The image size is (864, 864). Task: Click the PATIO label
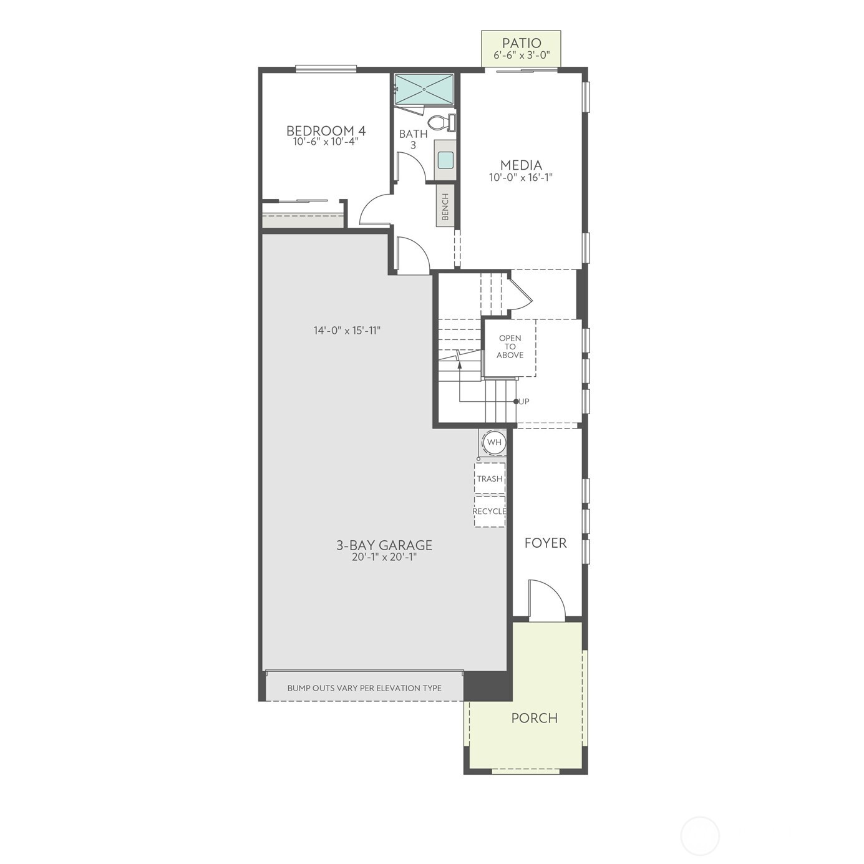pyautogui.click(x=522, y=43)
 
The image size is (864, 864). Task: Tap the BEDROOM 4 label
pyautogui.click(x=326, y=130)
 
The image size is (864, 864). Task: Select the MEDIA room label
pyautogui.click(x=521, y=165)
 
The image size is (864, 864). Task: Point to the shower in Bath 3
pyautogui.click(x=424, y=89)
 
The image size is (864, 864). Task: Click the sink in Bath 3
pyautogui.click(x=445, y=160)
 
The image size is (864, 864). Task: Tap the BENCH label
pyautogui.click(x=445, y=206)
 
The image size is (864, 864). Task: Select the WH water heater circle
pyautogui.click(x=494, y=442)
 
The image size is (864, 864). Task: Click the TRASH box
pyautogui.click(x=490, y=478)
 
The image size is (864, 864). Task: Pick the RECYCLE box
pyautogui.click(x=490, y=511)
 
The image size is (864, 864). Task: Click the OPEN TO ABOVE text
pyautogui.click(x=510, y=347)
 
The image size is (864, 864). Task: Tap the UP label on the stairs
pyautogui.click(x=524, y=401)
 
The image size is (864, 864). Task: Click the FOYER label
pyautogui.click(x=545, y=543)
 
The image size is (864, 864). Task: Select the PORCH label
pyautogui.click(x=534, y=717)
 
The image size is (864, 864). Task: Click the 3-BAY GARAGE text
pyautogui.click(x=384, y=545)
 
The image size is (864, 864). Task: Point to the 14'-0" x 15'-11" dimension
pyautogui.click(x=347, y=330)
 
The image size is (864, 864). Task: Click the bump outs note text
pyautogui.click(x=364, y=688)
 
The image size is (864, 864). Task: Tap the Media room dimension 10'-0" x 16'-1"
pyautogui.click(x=521, y=177)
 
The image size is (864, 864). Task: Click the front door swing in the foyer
pyautogui.click(x=547, y=600)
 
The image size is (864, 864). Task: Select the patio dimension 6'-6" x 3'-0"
pyautogui.click(x=522, y=55)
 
